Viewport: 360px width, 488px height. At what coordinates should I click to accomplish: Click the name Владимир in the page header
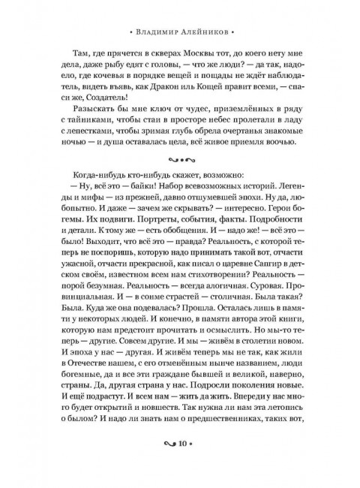coord(159,33)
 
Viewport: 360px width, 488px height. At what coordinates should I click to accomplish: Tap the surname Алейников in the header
coord(207,33)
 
